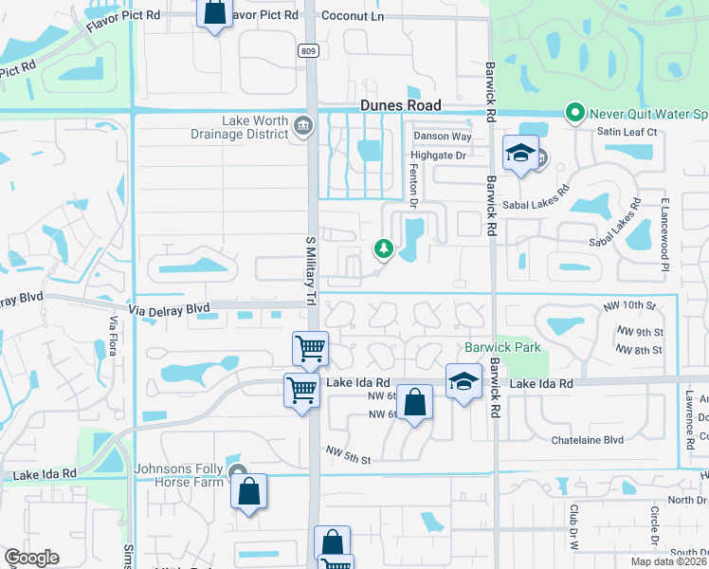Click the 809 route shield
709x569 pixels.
click(306, 50)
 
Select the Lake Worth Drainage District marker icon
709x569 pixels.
click(302, 125)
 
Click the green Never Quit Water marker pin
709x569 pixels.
click(573, 113)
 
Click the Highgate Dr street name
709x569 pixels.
click(439, 155)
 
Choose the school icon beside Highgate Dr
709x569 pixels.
click(520, 154)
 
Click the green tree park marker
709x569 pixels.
click(384, 248)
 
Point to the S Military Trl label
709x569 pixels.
click(310, 256)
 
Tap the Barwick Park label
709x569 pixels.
click(502, 347)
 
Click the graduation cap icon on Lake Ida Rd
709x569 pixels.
click(463, 381)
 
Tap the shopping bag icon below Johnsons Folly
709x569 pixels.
click(248, 491)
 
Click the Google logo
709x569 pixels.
click(31, 557)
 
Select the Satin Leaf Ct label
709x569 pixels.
click(627, 132)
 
